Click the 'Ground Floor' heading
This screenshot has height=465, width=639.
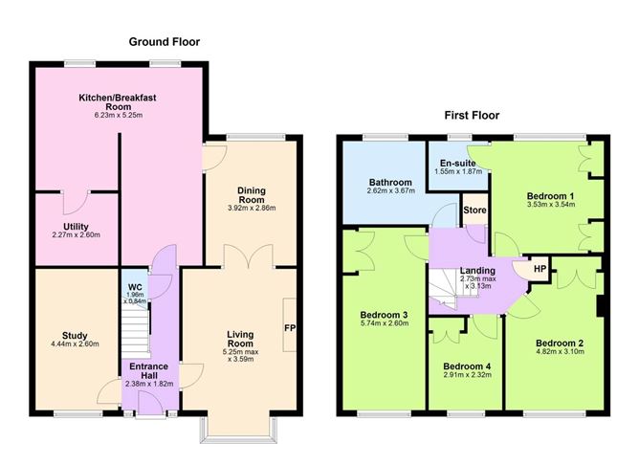[x=165, y=41]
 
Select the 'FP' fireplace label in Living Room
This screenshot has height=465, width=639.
[x=289, y=327]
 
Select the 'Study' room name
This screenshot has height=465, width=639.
[x=75, y=335]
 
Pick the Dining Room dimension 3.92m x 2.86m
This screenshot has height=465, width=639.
[x=251, y=208]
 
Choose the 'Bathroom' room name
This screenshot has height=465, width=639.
[x=390, y=182]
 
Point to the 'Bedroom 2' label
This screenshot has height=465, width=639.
[x=560, y=343]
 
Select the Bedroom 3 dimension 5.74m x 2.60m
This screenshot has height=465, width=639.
[x=385, y=323]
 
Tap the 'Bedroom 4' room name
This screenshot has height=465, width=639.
[x=468, y=367]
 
